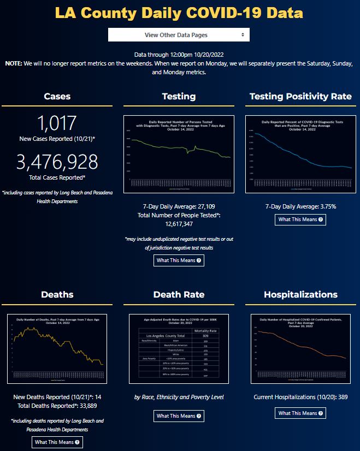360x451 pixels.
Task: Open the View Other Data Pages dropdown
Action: tap(179, 35)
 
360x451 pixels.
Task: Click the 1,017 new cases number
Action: tap(57, 123)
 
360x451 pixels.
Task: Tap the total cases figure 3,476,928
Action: tap(57, 162)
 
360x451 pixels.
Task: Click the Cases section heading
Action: tap(57, 97)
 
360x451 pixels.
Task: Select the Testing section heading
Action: tap(179, 97)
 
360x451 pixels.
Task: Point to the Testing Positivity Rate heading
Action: tap(300, 97)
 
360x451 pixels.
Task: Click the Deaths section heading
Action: tap(57, 295)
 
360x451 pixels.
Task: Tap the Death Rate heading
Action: tap(179, 295)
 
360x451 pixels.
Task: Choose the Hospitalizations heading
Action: tap(300, 295)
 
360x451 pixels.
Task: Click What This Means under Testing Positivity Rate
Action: tap(300, 219)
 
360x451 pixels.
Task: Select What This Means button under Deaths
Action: tap(57, 442)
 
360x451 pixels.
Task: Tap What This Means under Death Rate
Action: tap(179, 416)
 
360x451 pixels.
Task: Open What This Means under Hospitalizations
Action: tap(300, 413)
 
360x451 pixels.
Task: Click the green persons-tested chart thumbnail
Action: tap(179, 154)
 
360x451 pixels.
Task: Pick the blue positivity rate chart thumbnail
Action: tap(300, 154)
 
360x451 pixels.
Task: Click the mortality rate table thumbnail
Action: tap(179, 348)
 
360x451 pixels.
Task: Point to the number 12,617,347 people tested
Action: tap(179, 224)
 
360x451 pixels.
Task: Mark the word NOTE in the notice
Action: tap(14, 63)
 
